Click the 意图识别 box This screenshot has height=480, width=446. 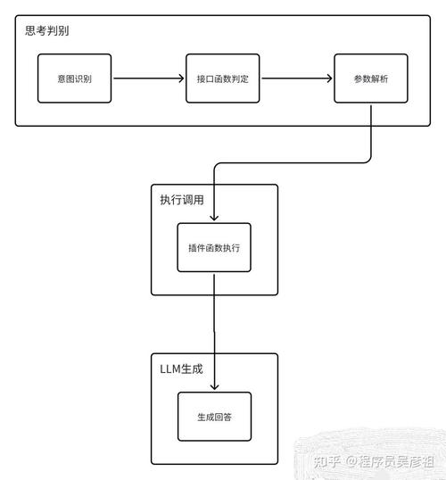pyautogui.click(x=75, y=79)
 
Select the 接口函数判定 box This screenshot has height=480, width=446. pyautogui.click(x=223, y=79)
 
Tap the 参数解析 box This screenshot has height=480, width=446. pyautogui.click(x=370, y=79)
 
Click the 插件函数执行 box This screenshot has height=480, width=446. pyautogui.click(x=214, y=247)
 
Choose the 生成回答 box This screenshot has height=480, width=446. pyautogui.click(x=214, y=416)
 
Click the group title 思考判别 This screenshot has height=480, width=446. pyautogui.click(x=47, y=30)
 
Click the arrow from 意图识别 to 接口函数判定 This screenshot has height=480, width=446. pyautogui.click(x=148, y=79)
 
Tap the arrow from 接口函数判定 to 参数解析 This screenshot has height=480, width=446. pyautogui.click(x=297, y=79)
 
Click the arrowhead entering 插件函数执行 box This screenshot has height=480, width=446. pyautogui.click(x=214, y=218)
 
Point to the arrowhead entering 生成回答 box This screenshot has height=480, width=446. pyautogui.click(x=214, y=386)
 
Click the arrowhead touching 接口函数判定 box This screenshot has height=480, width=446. pyautogui.click(x=181, y=79)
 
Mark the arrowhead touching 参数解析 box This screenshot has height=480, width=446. pyautogui.click(x=329, y=79)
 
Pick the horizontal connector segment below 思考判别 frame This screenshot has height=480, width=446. pyautogui.click(x=294, y=163)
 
